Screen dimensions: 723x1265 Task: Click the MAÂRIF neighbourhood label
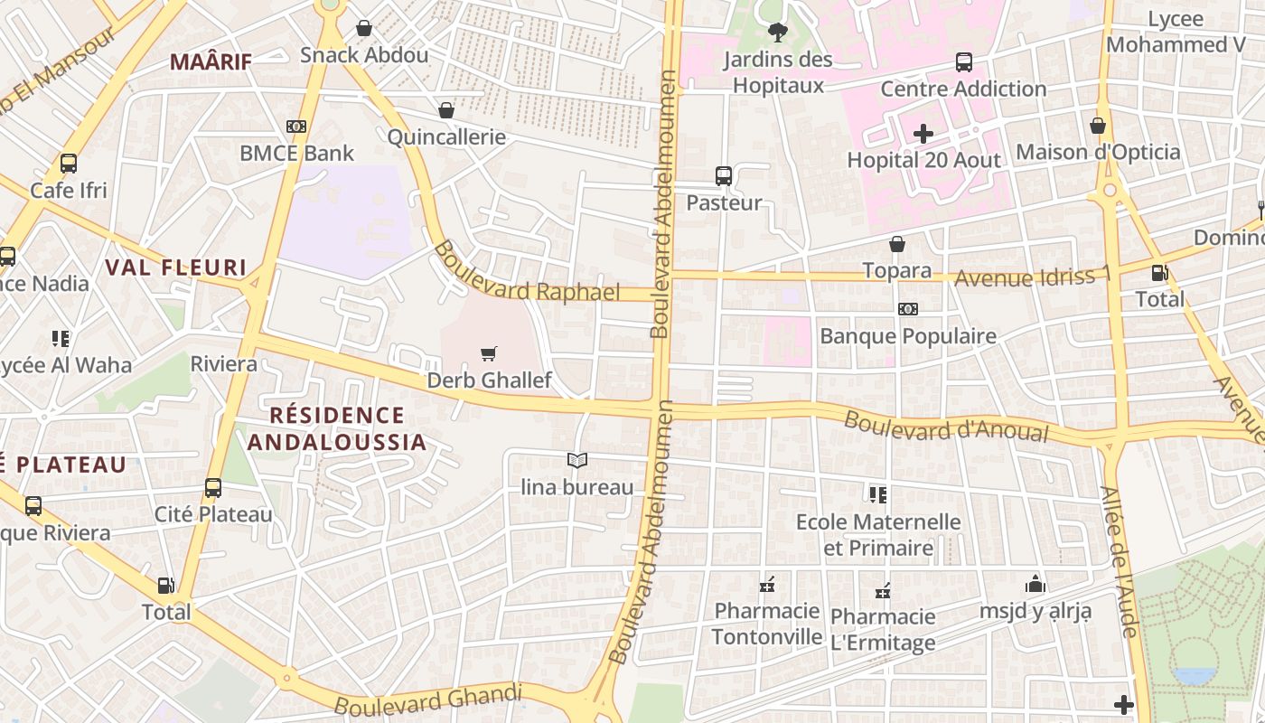(211, 61)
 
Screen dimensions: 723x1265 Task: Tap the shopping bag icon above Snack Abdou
(364, 29)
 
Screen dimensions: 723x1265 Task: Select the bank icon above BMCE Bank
(296, 127)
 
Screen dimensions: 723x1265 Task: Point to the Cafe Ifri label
(69, 191)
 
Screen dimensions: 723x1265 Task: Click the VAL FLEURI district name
(176, 268)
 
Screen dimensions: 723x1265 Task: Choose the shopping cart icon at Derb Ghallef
(489, 353)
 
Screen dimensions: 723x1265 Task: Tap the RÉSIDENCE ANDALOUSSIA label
(337, 428)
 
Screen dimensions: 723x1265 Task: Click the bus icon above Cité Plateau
(213, 488)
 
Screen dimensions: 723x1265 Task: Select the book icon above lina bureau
(577, 460)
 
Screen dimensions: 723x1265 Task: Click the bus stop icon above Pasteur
(724, 176)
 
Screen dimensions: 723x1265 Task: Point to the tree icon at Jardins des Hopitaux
(777, 33)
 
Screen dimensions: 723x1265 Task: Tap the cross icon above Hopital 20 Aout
(923, 135)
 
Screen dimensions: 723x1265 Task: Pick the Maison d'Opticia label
(1098, 152)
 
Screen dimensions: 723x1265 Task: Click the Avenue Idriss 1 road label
(1032, 277)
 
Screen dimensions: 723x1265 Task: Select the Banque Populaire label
(907, 336)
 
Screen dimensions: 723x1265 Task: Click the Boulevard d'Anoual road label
(946, 427)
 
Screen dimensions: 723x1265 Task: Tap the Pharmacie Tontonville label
(767, 624)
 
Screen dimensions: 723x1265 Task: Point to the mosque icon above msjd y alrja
(1035, 585)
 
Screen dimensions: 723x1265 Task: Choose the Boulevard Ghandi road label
(428, 700)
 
